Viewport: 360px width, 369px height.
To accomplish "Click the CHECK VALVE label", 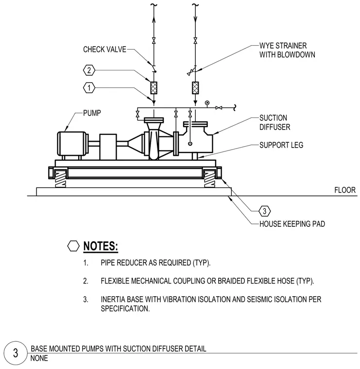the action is point(104,50).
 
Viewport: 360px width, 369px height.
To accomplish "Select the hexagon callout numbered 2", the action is point(89,70).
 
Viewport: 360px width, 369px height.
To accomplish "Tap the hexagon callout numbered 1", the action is point(89,88).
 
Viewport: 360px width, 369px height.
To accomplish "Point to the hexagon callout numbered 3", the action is point(264,211).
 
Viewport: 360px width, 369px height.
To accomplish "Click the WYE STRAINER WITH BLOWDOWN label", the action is point(287,50).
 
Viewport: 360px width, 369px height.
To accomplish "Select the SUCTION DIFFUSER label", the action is point(275,122).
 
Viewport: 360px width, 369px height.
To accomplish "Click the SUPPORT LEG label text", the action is point(281,145).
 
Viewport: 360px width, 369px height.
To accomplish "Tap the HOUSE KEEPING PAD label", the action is point(292,224).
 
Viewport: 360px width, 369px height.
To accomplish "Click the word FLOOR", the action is point(345,190).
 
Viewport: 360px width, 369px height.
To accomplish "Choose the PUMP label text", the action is point(92,113).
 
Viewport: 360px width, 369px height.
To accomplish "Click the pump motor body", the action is point(72,144).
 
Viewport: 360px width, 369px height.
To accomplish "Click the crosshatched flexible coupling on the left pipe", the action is point(154,88).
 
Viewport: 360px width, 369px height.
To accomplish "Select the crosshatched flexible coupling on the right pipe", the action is point(195,88).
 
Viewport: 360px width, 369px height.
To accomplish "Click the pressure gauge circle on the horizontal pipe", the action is point(207,102).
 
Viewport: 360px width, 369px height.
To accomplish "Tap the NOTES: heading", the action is point(101,246).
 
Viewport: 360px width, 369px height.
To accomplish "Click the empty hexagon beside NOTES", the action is point(73,246).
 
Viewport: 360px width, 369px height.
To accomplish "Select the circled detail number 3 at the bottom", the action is point(16,353).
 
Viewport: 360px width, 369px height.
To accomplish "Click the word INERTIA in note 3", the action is point(113,300).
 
